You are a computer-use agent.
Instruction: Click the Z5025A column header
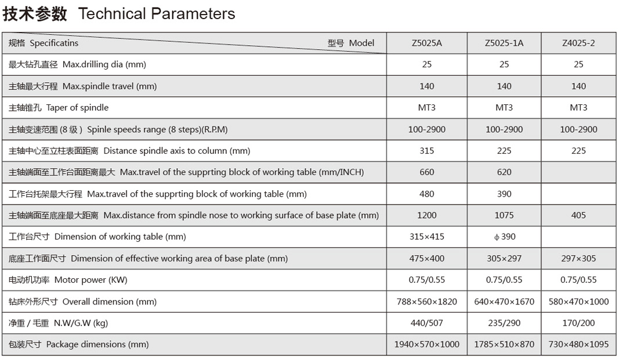(426, 43)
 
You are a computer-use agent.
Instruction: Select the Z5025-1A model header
(504, 43)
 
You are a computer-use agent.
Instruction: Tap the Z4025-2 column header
(578, 43)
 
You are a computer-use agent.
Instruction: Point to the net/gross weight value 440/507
(426, 323)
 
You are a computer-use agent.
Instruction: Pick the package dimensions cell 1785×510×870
(504, 344)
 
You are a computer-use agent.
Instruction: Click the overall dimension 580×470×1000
(578, 301)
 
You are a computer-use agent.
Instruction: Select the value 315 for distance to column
(426, 151)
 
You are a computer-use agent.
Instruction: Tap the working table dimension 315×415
(426, 237)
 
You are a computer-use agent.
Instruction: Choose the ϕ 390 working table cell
(504, 237)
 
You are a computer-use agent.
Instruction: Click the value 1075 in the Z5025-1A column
(504, 215)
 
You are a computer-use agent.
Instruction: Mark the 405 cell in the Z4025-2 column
(578, 215)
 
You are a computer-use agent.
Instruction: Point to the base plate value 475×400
(426, 259)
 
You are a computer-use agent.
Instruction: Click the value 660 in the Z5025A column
(426, 172)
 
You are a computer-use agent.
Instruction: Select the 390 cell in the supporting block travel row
(504, 194)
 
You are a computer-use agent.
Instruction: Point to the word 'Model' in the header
(361, 43)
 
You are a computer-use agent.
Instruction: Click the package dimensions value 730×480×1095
(578, 344)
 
